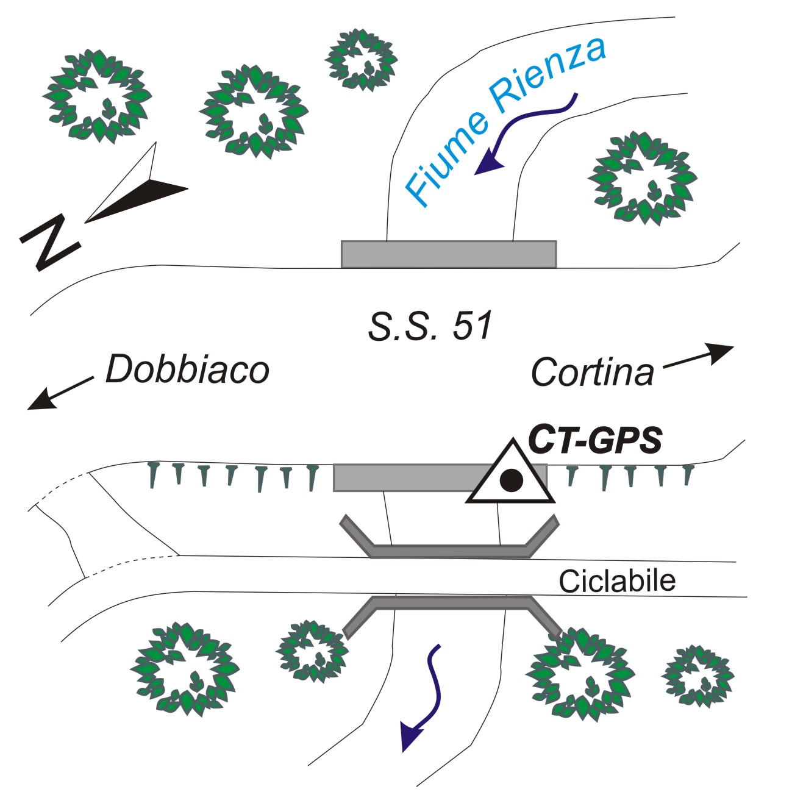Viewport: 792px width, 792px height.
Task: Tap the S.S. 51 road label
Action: point(430,326)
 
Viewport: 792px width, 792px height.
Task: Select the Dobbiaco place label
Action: point(187,369)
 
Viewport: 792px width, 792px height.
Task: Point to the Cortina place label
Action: point(592,372)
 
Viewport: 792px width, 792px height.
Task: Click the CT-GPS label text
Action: point(594,439)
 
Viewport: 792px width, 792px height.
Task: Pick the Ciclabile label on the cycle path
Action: point(617,581)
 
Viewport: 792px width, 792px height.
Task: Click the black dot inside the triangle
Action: point(511,481)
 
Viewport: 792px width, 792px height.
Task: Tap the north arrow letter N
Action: point(50,241)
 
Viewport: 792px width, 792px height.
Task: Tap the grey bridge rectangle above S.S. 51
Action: point(448,254)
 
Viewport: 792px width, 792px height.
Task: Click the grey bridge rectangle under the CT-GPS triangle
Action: point(402,478)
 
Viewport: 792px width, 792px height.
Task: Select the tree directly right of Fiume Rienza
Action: point(641,177)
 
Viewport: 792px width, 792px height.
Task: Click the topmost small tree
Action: point(361,59)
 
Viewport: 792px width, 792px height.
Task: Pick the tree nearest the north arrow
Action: point(98,96)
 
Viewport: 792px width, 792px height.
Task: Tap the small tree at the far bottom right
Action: point(698,676)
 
